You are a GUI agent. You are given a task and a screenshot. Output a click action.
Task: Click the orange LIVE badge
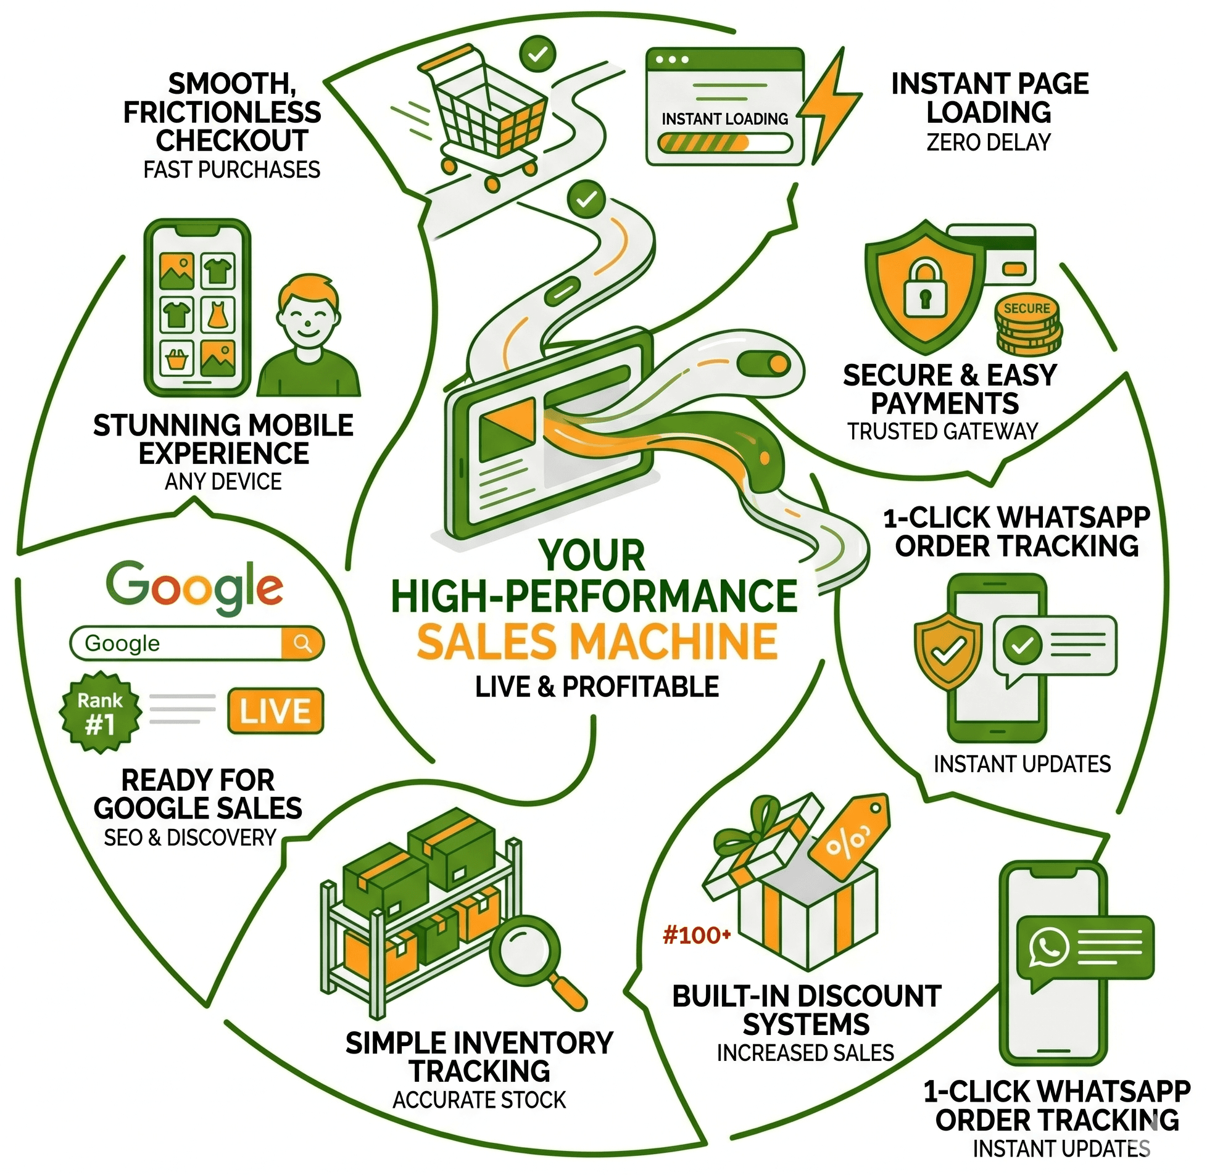click(x=275, y=711)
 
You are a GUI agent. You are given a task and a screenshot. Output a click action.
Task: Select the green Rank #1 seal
click(x=100, y=713)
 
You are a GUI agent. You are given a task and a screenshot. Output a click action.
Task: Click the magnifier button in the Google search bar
click(x=302, y=644)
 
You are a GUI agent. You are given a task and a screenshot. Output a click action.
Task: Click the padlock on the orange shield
click(x=924, y=287)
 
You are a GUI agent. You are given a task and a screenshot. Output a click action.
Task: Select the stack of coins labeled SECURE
click(x=1028, y=324)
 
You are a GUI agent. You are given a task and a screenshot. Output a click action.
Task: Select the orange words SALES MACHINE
click(x=597, y=642)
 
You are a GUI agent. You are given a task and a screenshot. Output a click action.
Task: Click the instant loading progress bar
click(x=725, y=143)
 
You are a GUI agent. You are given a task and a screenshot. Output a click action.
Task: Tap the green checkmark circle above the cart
click(x=537, y=54)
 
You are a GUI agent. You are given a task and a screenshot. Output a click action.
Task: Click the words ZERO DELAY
click(x=989, y=142)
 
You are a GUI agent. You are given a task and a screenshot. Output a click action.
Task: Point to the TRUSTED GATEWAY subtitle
click(x=943, y=431)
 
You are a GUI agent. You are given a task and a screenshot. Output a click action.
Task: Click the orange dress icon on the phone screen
click(x=217, y=313)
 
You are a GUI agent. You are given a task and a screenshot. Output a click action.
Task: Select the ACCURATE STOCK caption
click(x=479, y=1100)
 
